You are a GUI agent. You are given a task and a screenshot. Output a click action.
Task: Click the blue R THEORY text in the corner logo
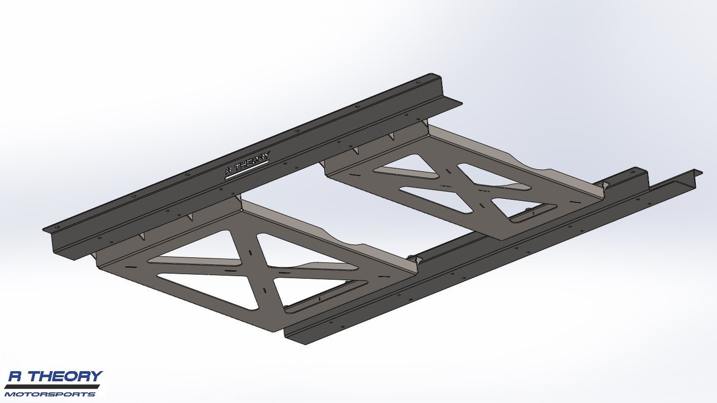click(x=54, y=377)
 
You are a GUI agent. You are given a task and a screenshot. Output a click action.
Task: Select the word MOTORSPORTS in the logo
click(x=50, y=394)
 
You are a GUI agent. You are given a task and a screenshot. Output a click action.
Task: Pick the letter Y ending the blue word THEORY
click(x=96, y=377)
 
